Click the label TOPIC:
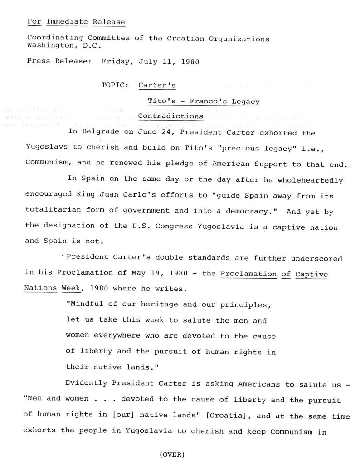coord(116,85)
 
